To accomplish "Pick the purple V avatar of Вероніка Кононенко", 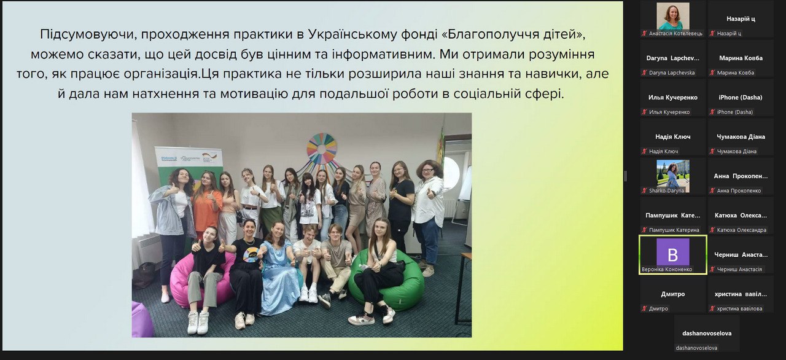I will click(673, 252).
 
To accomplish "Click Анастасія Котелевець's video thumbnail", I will click(673, 16).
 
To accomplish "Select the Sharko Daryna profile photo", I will click(673, 173).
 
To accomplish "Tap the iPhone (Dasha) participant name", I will click(740, 97).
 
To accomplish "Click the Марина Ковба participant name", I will click(741, 58).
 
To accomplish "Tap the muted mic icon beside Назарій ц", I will click(713, 33).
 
